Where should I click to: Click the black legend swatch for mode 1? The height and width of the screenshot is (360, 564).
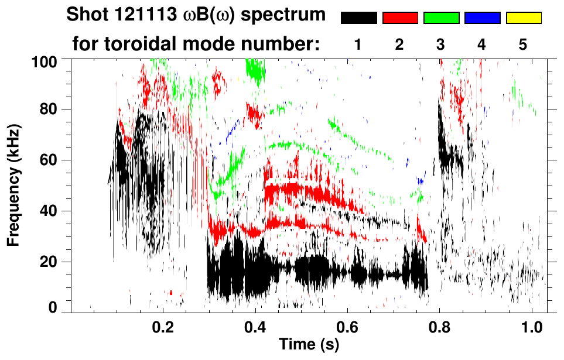[x=358, y=18]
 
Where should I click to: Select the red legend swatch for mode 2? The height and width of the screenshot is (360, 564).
[x=400, y=18]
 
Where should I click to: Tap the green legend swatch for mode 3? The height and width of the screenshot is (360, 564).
[x=441, y=18]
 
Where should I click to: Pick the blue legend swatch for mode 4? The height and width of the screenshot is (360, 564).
[x=483, y=18]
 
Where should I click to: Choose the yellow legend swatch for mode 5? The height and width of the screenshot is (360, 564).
[x=524, y=18]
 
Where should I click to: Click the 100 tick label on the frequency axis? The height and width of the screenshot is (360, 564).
[x=46, y=60]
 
